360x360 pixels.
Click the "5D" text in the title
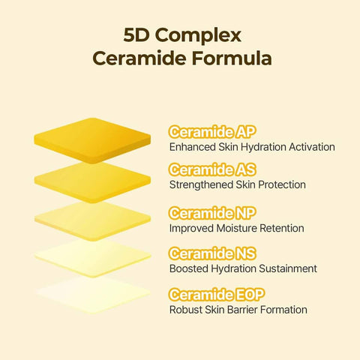point(136,35)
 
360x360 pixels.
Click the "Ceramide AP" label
point(213,133)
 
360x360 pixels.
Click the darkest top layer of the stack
point(92,138)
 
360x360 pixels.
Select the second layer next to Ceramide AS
point(92,180)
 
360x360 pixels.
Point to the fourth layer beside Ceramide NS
point(92,257)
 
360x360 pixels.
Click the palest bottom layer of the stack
point(92,294)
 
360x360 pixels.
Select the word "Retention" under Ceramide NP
point(280,228)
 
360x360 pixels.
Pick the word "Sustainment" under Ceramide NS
point(289,268)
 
